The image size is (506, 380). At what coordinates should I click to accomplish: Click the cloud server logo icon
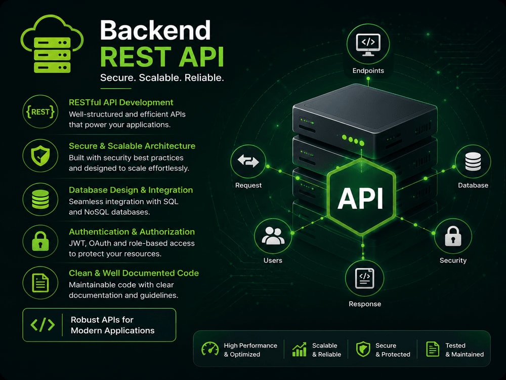52,44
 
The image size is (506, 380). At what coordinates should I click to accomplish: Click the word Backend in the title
155,30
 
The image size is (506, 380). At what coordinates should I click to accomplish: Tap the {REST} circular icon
40,112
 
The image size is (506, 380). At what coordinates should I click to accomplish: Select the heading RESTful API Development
121,102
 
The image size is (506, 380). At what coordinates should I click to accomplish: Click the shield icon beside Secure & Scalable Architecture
40,156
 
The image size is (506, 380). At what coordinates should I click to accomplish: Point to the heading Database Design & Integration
131,189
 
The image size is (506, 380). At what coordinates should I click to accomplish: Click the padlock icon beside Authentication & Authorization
40,241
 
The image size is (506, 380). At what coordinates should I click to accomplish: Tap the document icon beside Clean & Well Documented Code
40,283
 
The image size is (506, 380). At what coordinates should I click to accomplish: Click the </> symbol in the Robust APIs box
43,325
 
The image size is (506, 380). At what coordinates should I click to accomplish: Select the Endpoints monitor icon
368,45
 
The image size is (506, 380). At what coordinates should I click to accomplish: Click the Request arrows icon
248,161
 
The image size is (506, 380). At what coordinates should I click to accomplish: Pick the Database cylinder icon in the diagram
473,161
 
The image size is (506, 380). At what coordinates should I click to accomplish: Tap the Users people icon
273,236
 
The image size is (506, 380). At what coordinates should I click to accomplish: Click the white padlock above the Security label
453,236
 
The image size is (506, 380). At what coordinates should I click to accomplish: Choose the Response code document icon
365,278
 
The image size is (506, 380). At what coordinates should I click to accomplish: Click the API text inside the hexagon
360,198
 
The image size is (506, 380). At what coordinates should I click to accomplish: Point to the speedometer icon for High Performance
210,349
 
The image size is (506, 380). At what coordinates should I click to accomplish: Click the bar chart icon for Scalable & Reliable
299,349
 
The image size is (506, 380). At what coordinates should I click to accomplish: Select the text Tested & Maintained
465,350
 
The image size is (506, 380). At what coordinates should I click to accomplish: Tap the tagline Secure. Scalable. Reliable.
162,78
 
